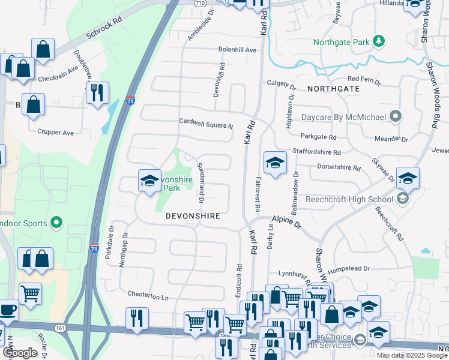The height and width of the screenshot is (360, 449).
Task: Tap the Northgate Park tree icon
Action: click(379, 41)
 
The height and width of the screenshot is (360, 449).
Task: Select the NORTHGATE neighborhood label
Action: click(333, 88)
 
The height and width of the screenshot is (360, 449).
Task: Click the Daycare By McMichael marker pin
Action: click(395, 116)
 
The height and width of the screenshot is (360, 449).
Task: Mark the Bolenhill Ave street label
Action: click(237, 50)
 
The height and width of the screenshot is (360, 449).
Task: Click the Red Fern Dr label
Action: click(364, 79)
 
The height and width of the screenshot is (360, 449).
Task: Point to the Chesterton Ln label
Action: click(148, 296)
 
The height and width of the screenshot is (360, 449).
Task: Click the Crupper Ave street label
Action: click(55, 132)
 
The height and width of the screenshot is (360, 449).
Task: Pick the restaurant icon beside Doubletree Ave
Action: click(97, 92)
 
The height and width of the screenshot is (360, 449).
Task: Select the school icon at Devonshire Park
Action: click(149, 181)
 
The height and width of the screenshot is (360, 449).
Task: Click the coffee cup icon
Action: click(7, 310)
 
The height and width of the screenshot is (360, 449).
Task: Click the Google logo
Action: click(20, 353)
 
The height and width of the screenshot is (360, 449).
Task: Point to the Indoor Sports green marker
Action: click(56, 223)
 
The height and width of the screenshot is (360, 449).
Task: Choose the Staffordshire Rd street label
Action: click(316, 152)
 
